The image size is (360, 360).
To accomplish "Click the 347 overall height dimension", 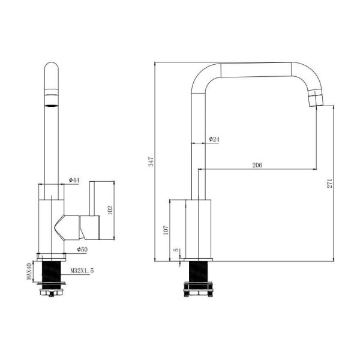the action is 151,161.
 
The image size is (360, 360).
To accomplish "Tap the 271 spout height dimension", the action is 329,183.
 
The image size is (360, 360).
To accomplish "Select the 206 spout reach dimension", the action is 257,165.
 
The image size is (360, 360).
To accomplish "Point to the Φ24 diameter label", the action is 214,139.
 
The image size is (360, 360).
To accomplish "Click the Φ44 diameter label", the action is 74,180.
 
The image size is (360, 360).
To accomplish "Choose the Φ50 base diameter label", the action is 82,250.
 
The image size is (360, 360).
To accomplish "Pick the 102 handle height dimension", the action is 110,210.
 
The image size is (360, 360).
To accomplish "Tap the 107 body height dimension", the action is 166,230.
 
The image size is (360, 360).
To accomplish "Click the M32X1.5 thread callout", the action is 82,271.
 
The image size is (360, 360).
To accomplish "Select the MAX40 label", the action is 29,271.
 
